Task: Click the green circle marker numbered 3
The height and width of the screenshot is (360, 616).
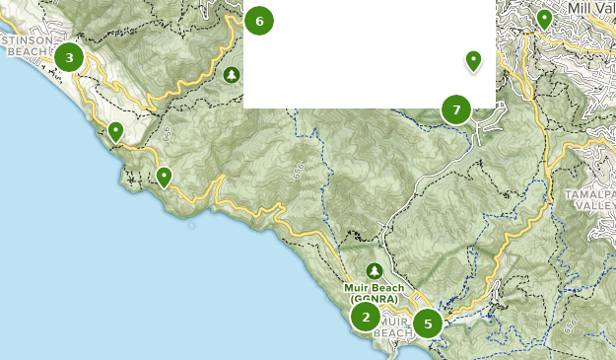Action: click(x=69, y=57)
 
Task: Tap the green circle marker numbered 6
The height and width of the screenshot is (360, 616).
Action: click(x=258, y=21)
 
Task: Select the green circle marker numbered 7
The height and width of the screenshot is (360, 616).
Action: click(x=455, y=108)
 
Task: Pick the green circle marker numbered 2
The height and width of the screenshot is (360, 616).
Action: click(x=366, y=317)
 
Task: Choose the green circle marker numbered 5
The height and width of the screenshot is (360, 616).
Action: click(x=428, y=323)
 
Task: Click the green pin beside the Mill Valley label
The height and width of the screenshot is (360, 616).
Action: click(x=544, y=19)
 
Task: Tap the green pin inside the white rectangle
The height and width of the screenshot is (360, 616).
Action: click(x=473, y=61)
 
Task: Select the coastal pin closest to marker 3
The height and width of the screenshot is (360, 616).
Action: click(x=116, y=131)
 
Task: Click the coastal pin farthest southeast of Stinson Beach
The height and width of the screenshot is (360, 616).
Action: click(x=164, y=177)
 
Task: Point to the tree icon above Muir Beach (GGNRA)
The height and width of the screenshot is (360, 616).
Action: click(x=374, y=270)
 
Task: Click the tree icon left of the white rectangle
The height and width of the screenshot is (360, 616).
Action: click(x=231, y=75)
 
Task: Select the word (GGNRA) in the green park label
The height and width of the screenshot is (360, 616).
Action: click(x=374, y=300)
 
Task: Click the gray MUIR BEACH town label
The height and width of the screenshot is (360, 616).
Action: click(x=395, y=326)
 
